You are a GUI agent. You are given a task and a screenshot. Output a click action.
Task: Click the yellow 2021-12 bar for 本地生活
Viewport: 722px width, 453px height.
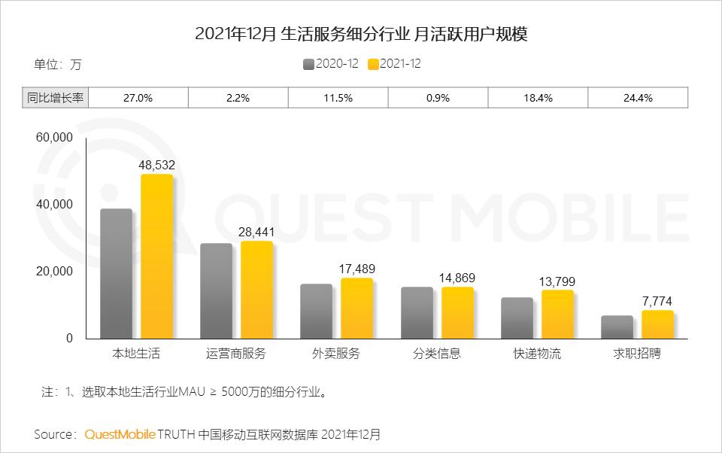point(156,256)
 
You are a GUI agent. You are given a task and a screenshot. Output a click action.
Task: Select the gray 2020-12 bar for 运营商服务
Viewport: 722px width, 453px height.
point(216,290)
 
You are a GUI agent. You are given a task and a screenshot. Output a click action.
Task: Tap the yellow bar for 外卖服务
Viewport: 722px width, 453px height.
point(356,308)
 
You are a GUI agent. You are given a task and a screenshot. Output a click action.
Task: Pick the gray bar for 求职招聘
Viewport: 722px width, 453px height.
point(617,327)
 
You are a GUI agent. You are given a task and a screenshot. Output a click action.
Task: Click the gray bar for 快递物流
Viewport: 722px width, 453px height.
point(517,318)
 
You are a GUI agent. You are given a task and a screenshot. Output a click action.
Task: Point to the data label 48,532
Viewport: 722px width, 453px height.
point(156,163)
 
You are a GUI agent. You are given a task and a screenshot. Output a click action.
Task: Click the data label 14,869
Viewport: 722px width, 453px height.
point(457,278)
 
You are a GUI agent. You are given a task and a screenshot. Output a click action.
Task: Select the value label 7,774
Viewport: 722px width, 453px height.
point(657,301)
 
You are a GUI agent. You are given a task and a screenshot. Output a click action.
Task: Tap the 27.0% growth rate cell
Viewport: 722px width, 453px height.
point(138,98)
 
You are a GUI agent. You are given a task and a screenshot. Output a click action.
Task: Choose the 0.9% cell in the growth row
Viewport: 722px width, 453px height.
point(438,98)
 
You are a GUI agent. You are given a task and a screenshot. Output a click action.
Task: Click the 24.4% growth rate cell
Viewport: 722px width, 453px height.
point(637,98)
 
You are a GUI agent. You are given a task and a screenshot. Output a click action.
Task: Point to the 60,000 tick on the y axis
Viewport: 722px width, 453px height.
point(54,138)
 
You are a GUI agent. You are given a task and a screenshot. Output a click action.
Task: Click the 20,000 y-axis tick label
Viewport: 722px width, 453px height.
point(54,272)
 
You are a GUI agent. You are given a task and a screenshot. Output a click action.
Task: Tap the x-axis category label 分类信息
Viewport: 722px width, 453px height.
point(437,354)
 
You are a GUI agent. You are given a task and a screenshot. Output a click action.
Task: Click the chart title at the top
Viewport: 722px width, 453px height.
point(361,35)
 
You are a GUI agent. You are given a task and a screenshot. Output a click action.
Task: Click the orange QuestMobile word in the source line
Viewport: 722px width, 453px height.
point(120,434)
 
